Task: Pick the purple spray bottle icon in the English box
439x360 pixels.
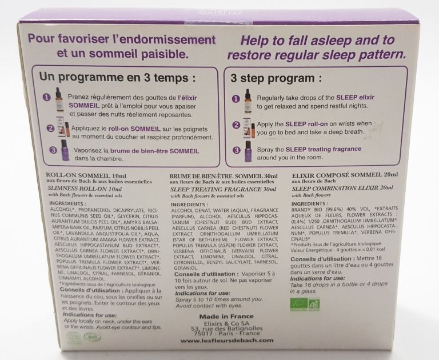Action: click(247, 153)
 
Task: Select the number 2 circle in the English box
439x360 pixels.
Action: click(234, 125)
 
